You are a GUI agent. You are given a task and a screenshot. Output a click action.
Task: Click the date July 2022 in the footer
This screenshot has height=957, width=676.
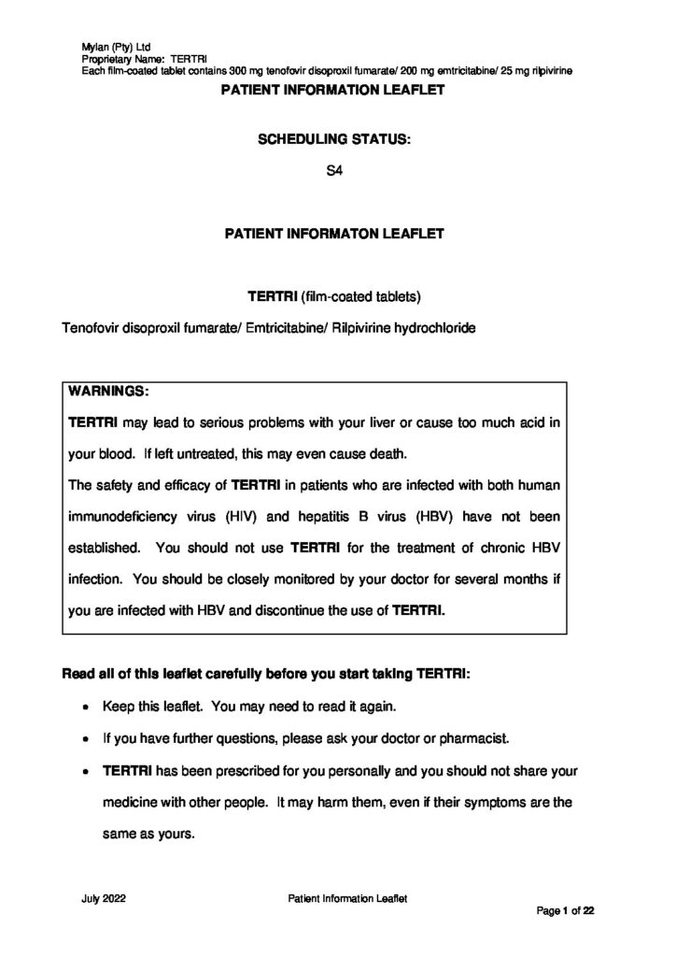pyautogui.click(x=104, y=897)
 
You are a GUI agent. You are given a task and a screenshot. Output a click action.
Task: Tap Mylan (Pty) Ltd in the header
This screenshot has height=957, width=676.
pyautogui.click(x=109, y=45)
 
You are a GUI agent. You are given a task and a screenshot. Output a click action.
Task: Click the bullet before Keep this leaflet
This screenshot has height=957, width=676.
pyautogui.click(x=87, y=707)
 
